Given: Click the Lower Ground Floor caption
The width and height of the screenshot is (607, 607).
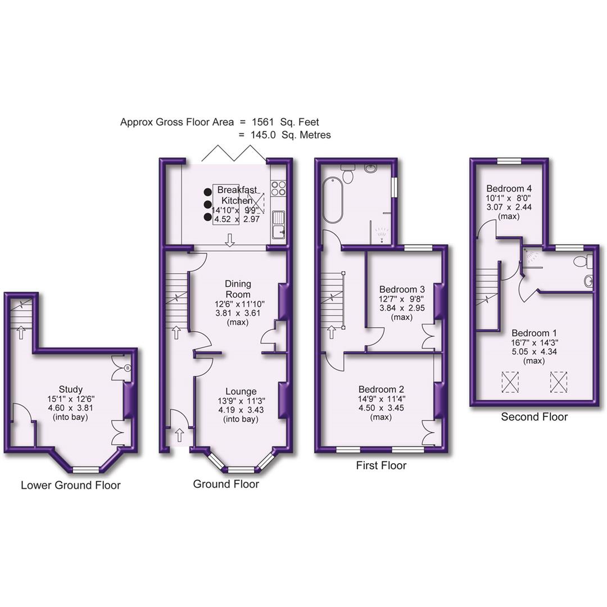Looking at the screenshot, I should click(70, 485).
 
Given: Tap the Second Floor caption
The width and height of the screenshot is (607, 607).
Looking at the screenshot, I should click(534, 417).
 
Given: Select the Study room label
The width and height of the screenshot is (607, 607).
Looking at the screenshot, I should click(71, 389).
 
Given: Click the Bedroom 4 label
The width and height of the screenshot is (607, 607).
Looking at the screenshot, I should click(509, 188).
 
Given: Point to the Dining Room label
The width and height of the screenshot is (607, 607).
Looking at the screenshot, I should click(238, 289).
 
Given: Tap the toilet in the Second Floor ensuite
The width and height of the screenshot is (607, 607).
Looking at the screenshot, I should click(583, 261).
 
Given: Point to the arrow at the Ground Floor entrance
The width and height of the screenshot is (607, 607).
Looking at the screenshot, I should click(179, 434).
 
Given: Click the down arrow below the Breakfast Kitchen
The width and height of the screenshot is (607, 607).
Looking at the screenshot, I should click(229, 241).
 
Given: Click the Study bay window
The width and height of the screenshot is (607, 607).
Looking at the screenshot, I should click(85, 469).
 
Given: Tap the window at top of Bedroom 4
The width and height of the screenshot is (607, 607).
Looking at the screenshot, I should click(509, 161).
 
